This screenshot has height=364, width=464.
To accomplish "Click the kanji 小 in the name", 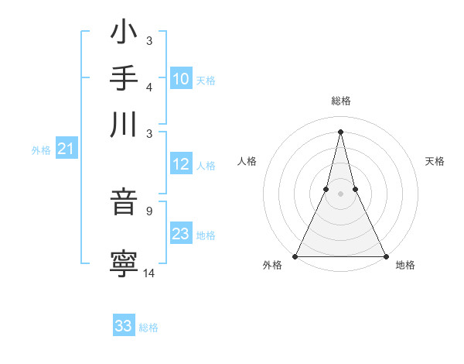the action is [125, 35].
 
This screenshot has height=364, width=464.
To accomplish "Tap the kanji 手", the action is [125, 79].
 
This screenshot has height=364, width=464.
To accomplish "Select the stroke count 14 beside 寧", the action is [149, 272].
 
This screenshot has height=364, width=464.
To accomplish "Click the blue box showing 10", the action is [181, 78].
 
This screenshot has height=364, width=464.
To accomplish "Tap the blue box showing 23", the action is [181, 234].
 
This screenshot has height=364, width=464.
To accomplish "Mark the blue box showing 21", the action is [66, 149].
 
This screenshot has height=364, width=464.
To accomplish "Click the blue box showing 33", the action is [124, 326].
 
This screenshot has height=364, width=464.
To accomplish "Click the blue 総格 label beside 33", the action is [148, 328].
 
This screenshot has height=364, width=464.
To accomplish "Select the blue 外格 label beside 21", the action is [40, 150].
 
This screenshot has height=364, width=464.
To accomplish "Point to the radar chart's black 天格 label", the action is [435, 161].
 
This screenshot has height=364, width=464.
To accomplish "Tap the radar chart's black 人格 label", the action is [247, 161].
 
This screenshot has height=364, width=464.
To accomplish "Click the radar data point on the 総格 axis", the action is [340, 131].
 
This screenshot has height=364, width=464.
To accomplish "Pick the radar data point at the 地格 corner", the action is [385, 256].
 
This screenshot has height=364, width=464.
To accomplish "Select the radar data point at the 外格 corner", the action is [295, 256].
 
